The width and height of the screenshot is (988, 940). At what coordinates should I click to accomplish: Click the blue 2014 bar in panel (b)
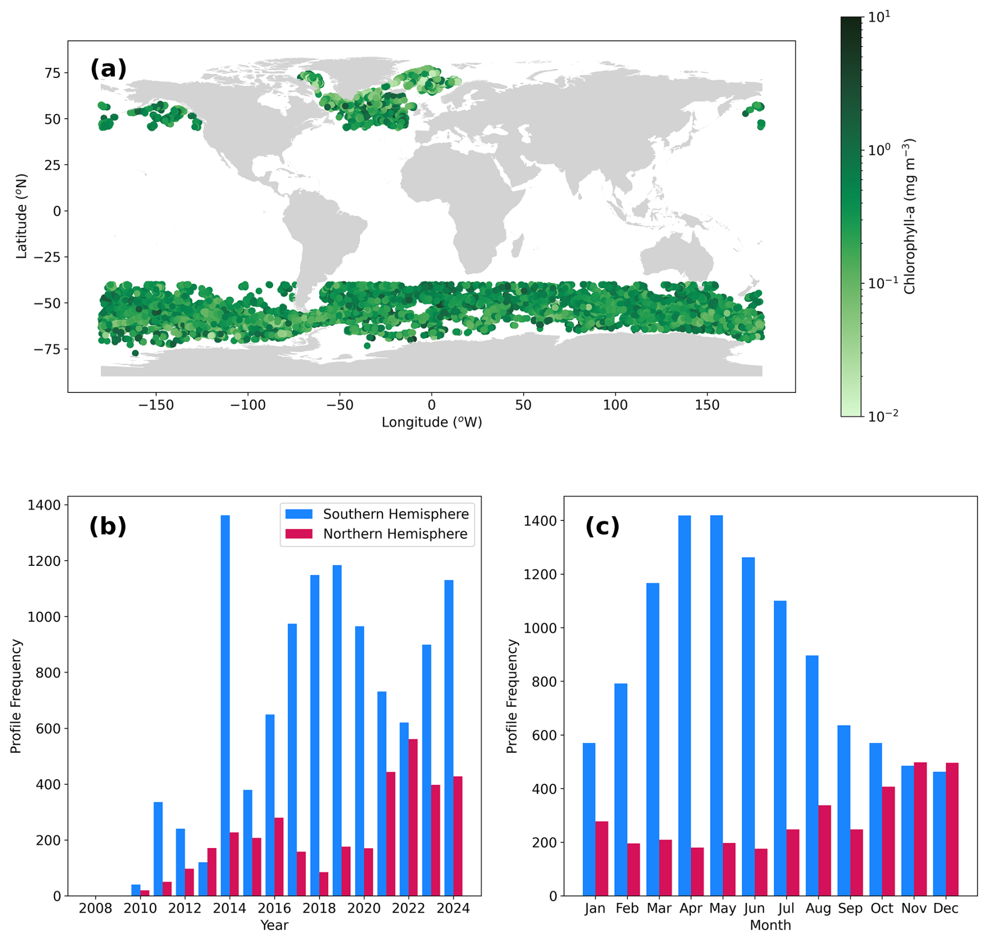pyautogui.click(x=225, y=705)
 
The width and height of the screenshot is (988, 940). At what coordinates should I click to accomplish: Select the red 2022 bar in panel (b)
pyautogui.click(x=413, y=817)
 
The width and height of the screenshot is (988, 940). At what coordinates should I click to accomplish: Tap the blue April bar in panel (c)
pyautogui.click(x=684, y=705)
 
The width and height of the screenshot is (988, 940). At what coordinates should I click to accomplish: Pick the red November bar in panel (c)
pyautogui.click(x=920, y=829)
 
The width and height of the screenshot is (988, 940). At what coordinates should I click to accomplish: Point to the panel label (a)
pyautogui.click(x=108, y=69)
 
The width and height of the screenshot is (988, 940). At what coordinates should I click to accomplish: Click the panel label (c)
pyautogui.click(x=602, y=526)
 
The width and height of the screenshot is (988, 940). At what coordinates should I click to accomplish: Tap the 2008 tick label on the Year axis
pyautogui.click(x=95, y=909)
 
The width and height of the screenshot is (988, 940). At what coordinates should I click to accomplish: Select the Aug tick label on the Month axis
pyautogui.click(x=818, y=909)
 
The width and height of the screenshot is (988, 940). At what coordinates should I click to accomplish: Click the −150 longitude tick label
pyautogui.click(x=156, y=405)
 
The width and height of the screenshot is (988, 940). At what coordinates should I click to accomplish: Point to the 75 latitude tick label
pyautogui.click(x=52, y=73)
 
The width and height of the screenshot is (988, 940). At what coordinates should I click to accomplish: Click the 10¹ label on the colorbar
pyautogui.click(x=879, y=17)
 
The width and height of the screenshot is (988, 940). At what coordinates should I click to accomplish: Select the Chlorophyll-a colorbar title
pyautogui.click(x=910, y=216)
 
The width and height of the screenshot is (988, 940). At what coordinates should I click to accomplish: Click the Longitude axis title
pyautogui.click(x=431, y=422)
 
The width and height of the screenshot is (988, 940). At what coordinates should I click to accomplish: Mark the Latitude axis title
pyautogui.click(x=21, y=216)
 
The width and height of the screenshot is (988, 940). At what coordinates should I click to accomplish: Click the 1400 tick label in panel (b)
pyautogui.click(x=44, y=505)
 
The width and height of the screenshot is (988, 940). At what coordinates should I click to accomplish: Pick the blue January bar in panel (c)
pyautogui.click(x=589, y=819)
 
